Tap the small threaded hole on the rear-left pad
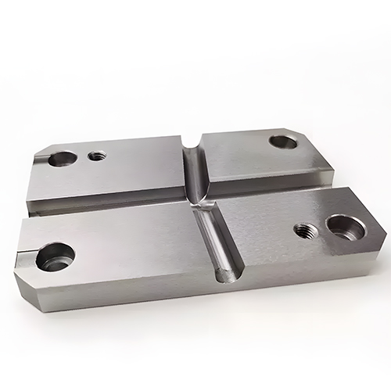[x=96, y=155]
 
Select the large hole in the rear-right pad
[x=282, y=142]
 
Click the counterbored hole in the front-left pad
[x=56, y=255]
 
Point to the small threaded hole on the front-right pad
[x=303, y=228]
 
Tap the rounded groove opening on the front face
[x=225, y=274]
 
